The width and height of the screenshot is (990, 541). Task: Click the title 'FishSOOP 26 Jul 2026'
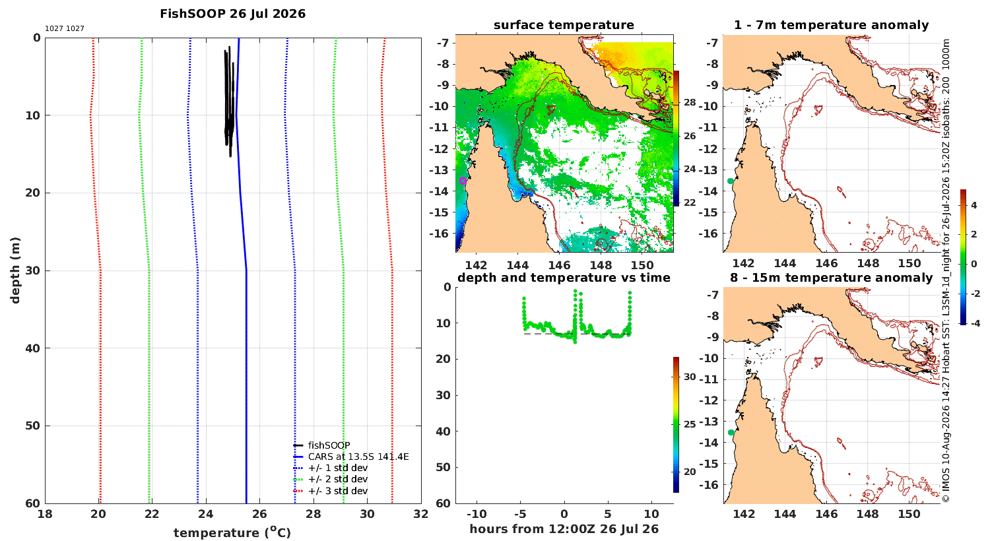tap(232, 14)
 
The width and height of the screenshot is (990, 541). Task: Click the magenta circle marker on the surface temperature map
tap(463, 181)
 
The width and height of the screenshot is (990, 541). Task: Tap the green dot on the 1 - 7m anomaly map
tap(730, 181)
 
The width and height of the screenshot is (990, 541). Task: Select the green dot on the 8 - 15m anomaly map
tap(731, 432)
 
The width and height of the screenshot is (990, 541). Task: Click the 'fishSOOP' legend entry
tap(329, 445)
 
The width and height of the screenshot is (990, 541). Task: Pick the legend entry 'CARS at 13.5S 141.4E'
tap(358, 457)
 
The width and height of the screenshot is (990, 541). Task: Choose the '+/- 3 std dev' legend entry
tap(338, 491)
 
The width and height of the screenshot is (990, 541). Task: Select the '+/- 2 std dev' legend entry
tap(338, 479)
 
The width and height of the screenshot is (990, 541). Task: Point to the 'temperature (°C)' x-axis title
tap(232, 532)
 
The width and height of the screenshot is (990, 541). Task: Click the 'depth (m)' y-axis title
tap(15, 270)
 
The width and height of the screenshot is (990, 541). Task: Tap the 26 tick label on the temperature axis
tap(259, 514)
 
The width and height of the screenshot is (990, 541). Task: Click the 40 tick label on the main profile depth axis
tap(34, 348)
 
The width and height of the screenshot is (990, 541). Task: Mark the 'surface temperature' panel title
tap(564, 25)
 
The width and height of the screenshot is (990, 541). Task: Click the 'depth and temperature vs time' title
tap(564, 278)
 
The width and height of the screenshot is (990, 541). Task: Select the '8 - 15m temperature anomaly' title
tap(832, 278)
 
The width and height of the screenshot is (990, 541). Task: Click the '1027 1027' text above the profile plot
tap(65, 29)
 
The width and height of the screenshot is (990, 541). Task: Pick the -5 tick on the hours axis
tap(520, 514)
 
